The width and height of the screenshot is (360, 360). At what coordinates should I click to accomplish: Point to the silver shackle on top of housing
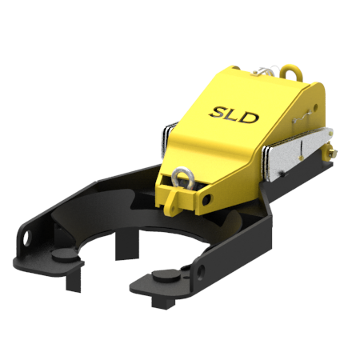click(x=263, y=70)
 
